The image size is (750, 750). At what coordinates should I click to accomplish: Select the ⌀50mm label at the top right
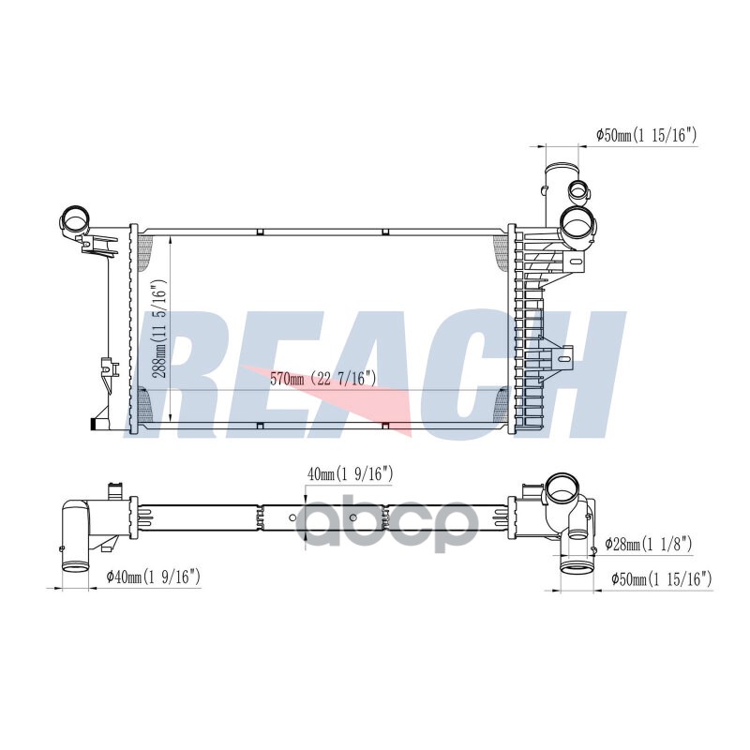pyautogui.click(x=646, y=135)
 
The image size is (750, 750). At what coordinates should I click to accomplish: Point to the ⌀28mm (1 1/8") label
pyautogui.click(x=649, y=544)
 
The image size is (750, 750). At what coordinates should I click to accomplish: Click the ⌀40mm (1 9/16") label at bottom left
pyautogui.click(x=153, y=577)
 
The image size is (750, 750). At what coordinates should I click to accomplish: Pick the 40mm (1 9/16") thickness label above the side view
pyautogui.click(x=350, y=474)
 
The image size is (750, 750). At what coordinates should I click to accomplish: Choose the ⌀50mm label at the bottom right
pyautogui.click(x=662, y=579)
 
